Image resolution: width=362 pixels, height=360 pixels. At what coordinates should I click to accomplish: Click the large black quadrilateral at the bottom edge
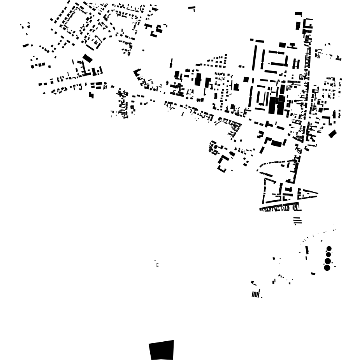162,350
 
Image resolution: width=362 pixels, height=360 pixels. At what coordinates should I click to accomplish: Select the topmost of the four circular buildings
329,249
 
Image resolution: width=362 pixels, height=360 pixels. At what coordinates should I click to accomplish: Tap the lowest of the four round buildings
327,268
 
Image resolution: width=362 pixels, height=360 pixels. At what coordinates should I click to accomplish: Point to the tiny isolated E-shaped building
157,265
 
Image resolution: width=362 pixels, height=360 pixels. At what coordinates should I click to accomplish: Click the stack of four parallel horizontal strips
297,221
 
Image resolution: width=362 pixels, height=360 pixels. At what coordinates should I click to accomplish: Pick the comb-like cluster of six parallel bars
255,294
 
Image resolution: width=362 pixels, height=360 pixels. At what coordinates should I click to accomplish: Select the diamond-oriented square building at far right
332,134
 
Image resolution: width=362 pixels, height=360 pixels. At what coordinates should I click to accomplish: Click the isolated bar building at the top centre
191,7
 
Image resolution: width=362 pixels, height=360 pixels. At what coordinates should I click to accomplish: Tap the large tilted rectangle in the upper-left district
88,58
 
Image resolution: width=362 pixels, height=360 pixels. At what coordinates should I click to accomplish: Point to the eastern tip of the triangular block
317,193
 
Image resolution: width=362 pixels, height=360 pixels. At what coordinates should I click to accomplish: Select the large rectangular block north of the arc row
276,143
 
